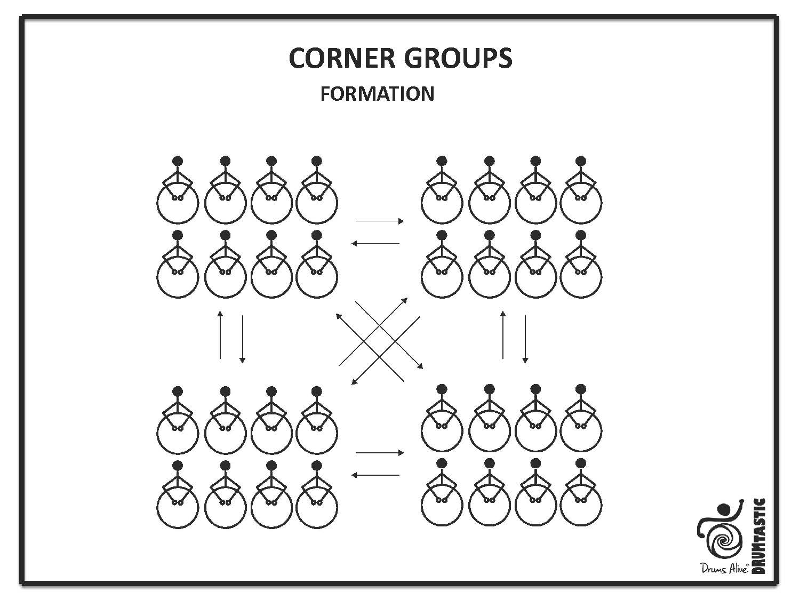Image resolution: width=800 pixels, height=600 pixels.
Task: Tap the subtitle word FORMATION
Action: tap(377, 94)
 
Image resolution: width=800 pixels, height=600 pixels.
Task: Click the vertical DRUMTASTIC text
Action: tap(758, 535)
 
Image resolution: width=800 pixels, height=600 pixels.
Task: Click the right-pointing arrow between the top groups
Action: tap(380, 221)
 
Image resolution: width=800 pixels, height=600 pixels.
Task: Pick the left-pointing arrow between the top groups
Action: tap(375, 243)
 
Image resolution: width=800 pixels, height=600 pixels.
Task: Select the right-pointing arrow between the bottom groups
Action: tap(380, 453)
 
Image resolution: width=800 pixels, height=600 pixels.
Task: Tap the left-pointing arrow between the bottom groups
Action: tap(375, 475)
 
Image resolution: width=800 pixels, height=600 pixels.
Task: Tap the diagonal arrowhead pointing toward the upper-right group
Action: tap(405, 300)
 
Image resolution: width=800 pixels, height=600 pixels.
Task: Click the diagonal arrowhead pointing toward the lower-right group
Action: tap(420, 367)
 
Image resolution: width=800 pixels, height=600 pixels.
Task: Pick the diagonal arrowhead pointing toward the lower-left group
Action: tap(353, 382)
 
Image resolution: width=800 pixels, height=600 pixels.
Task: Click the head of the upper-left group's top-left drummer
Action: tap(178, 161)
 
